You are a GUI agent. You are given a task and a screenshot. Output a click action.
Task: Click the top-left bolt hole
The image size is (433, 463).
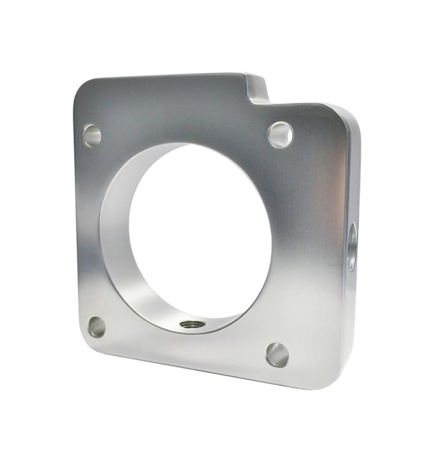91,135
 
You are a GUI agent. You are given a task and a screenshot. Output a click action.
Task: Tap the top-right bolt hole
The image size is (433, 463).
280,134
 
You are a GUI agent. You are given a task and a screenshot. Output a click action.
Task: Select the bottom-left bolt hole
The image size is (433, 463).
97,326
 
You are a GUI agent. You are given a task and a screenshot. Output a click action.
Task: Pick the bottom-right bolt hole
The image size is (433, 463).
277,354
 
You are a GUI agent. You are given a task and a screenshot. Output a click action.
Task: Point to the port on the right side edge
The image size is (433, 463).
351,246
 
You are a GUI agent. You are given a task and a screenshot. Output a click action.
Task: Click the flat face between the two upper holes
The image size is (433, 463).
185,116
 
